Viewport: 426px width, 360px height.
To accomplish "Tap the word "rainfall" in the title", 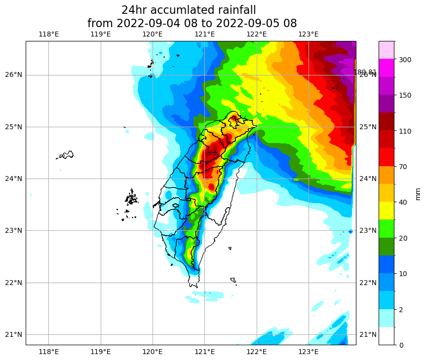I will (234, 10).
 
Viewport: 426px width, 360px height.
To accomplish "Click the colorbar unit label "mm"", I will (418, 193).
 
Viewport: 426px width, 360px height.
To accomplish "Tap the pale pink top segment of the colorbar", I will (386, 50).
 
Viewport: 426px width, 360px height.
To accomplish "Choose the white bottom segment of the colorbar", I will (386, 336).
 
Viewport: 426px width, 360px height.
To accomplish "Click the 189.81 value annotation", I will (365, 72).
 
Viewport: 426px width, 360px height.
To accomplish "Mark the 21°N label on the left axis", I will (13, 334).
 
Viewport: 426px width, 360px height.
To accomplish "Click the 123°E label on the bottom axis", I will (309, 352).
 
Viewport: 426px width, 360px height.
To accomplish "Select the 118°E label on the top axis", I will (48, 34).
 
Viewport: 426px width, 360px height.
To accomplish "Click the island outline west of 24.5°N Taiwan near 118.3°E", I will (65, 155).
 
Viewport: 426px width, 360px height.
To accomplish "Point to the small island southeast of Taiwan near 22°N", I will (233, 280).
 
